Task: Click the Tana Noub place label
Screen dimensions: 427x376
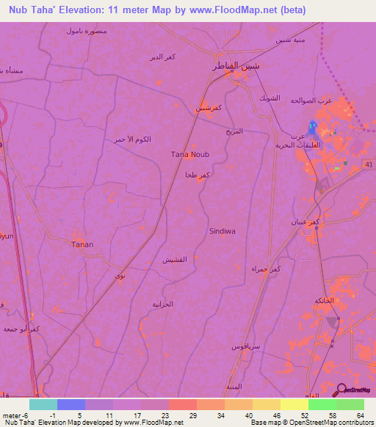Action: click(x=187, y=154)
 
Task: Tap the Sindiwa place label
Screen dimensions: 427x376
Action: click(x=223, y=230)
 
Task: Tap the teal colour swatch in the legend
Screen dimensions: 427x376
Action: click(x=43, y=404)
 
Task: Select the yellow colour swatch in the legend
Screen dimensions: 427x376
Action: click(x=294, y=404)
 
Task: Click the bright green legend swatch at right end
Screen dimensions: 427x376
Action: click(x=350, y=404)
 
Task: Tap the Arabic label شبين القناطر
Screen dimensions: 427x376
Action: click(x=236, y=67)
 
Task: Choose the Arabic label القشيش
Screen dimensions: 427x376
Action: click(x=173, y=260)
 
